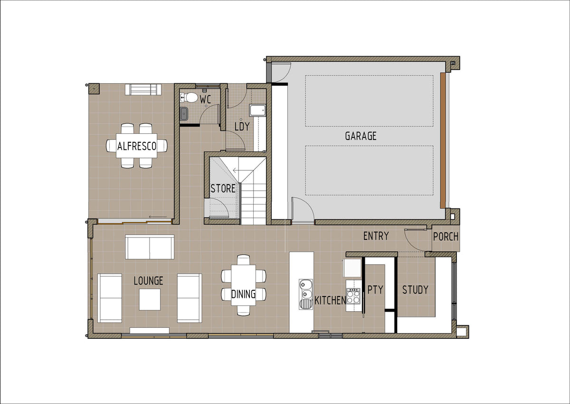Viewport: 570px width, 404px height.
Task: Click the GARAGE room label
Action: pos(361,136)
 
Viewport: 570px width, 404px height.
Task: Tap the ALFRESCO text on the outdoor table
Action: pos(137,146)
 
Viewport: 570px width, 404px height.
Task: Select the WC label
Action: pos(206,99)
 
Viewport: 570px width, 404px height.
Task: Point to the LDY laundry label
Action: pos(242,127)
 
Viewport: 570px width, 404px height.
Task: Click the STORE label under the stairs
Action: pos(223,188)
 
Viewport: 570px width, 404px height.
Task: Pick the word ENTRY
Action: pos(376,236)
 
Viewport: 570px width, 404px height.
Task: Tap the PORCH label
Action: pos(446,237)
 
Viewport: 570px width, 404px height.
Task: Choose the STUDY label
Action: pos(415,290)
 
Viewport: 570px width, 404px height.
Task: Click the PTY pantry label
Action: pos(375,289)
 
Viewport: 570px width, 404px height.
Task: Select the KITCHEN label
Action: pos(330,301)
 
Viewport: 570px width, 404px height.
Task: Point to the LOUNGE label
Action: pos(148,281)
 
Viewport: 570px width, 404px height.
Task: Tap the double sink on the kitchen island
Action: pos(306,294)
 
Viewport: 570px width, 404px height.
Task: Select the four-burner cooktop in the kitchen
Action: pos(353,296)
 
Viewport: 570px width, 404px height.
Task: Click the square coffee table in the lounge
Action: pos(150,299)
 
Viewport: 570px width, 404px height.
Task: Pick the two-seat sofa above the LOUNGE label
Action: pos(150,247)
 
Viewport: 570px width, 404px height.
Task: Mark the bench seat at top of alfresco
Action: pos(143,89)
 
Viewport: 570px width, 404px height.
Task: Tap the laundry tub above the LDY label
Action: pos(257,110)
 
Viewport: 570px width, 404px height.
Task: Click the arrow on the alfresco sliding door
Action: pos(158,217)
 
